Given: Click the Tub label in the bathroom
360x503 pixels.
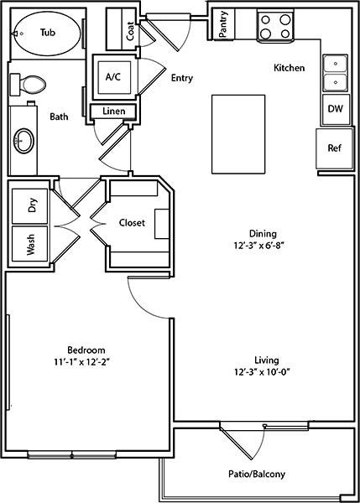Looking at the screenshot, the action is click(48, 33).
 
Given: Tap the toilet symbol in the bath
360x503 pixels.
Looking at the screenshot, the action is click(28, 85).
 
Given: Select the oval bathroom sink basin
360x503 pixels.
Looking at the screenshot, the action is click(24, 141).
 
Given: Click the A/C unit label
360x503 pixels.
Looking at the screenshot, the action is click(113, 77).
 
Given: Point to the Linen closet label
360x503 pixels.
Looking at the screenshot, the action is click(113, 111).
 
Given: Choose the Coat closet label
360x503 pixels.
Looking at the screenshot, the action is click(130, 31).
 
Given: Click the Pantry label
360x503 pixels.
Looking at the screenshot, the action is click(223, 24).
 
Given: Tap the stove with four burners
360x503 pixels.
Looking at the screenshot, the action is click(275, 26).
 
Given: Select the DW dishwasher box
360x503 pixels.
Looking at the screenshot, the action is click(336, 109).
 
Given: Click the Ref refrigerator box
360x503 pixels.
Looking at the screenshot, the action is click(334, 148).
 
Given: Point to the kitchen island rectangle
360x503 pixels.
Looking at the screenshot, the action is click(238, 134).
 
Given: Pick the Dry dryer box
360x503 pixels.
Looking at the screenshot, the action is click(30, 206).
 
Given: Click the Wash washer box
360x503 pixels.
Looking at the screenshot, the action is click(30, 244).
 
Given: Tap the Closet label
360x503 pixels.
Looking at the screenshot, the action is click(132, 223).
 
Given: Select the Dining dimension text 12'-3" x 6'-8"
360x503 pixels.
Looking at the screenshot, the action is click(259, 246).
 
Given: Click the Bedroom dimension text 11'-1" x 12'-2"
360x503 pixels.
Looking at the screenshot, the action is click(82, 362).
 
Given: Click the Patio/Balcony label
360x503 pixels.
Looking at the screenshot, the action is click(257, 474).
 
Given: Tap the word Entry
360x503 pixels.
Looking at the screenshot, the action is click(182, 78).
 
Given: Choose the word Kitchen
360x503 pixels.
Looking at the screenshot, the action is click(289, 68).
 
